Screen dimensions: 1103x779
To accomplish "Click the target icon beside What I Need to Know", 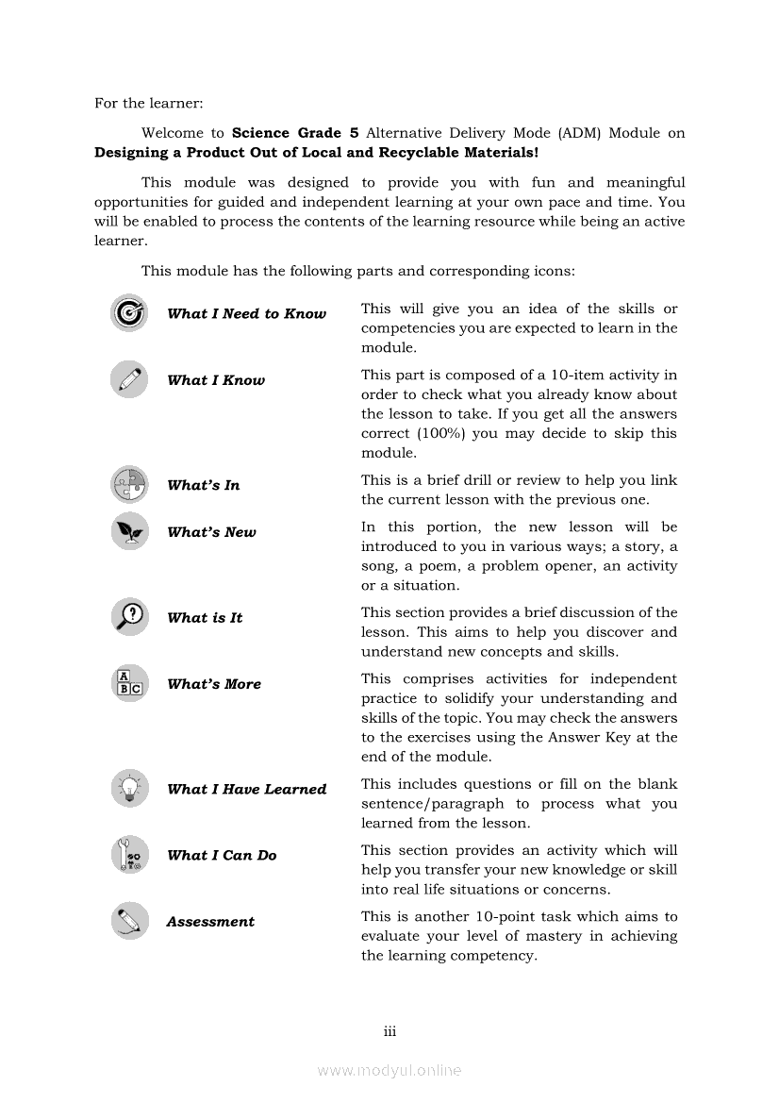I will [128, 313].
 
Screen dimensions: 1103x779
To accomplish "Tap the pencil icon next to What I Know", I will [128, 379].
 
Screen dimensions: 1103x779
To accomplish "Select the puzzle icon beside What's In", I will [128, 484].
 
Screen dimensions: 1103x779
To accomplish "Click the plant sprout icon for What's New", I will [128, 531].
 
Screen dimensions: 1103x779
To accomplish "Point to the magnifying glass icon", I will [128, 617].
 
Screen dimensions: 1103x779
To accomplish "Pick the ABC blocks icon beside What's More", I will [128, 683].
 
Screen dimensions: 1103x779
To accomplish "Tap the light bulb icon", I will [128, 788].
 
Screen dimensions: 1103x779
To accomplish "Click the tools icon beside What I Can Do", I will [128, 855].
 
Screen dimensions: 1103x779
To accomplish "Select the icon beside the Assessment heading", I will [128, 921].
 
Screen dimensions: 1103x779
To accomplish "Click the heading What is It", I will [205, 618].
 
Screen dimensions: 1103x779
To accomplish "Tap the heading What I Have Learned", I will [246, 790].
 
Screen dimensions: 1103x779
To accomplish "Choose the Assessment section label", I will [210, 922].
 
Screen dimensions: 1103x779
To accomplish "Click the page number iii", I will [389, 1031].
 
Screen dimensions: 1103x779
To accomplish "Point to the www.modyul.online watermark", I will [389, 1070].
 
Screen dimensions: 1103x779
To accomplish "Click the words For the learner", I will [148, 103].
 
